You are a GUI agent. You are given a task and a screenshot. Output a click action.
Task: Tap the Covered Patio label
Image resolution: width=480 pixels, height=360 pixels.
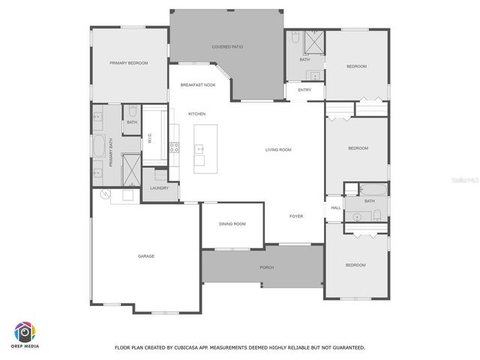tap(226, 46)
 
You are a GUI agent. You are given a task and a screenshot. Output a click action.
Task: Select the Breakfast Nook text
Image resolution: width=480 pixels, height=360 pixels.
tap(198, 85)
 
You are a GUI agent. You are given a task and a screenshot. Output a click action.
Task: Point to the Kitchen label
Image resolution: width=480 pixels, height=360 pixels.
tap(196, 114)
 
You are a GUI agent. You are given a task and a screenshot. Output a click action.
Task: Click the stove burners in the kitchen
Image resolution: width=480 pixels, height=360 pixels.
tap(174, 148)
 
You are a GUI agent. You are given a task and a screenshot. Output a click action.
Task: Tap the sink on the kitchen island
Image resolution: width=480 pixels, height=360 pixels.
tap(200, 148)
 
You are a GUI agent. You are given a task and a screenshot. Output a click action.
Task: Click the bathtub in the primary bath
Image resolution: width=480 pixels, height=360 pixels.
tap(100, 146)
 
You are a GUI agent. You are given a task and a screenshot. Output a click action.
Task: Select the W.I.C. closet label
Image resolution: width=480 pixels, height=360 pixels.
tap(150, 139)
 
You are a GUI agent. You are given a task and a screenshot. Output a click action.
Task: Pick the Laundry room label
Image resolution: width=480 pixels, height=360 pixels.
tap(159, 187)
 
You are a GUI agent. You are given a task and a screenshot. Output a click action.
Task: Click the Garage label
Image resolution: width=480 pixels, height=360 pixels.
tap(145, 256)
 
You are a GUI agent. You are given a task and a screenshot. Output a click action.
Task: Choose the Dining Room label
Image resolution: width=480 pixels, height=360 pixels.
tap(232, 223)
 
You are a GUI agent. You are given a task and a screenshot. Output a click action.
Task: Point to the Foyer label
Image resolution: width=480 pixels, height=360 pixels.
tap(296, 216)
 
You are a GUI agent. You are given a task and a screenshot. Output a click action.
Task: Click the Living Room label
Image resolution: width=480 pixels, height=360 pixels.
tap(277, 150)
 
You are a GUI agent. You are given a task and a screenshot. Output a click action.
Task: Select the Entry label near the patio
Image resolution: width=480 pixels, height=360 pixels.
tap(304, 90)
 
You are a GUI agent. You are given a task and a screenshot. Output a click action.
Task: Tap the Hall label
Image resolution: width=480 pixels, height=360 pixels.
tap(336, 208)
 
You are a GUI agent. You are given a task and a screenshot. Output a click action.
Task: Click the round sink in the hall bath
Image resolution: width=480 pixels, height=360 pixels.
tap(357, 217)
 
